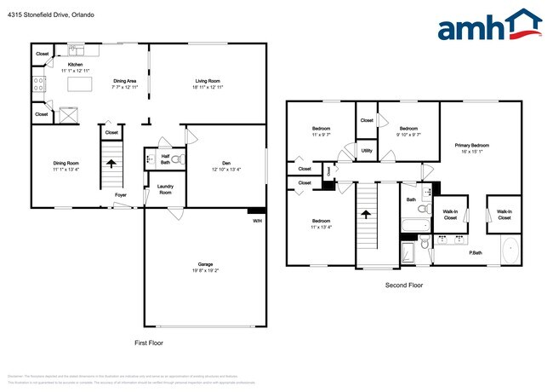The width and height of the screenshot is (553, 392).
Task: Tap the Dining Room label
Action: click(66, 166)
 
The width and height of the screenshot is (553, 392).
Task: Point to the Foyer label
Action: click(121, 194)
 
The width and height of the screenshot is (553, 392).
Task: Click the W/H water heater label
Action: click(257, 222)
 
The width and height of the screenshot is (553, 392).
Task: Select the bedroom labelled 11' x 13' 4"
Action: click(321, 223)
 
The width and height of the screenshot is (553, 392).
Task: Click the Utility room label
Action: click(367, 150)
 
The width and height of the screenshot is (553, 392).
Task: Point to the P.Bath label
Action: click(476, 252)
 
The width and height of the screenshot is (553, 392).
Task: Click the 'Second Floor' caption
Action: click(403, 285)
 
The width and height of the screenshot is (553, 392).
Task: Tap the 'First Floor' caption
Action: click(149, 343)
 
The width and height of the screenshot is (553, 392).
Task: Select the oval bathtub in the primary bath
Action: click(510, 251)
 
